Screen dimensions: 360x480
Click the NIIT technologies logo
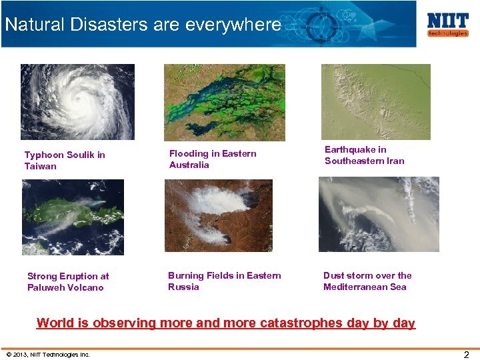click(448, 24)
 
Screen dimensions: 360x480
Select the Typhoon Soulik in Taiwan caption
click(65, 161)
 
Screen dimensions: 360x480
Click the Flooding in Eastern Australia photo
click(224, 102)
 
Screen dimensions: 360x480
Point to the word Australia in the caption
click(189, 165)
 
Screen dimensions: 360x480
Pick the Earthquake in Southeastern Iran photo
click(375, 101)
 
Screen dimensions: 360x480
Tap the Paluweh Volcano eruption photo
click(73, 217)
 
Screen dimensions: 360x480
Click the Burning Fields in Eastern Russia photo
click(219, 215)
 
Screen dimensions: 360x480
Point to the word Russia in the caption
click(183, 287)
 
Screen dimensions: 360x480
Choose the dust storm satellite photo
click(379, 214)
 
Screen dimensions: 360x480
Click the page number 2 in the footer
click(467, 355)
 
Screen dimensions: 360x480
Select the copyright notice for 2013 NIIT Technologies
click(47, 354)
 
